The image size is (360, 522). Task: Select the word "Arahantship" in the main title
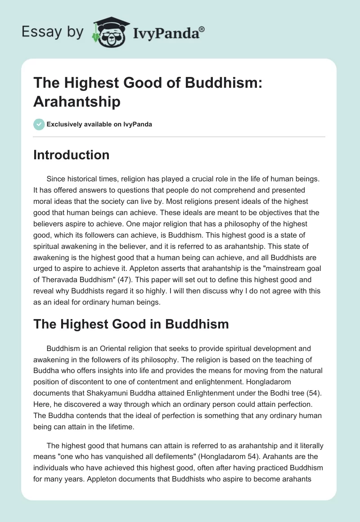[77, 102]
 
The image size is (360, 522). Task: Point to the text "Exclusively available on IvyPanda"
[99, 124]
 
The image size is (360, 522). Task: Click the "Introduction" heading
[72, 155]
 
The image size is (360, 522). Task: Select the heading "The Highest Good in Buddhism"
[131, 324]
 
